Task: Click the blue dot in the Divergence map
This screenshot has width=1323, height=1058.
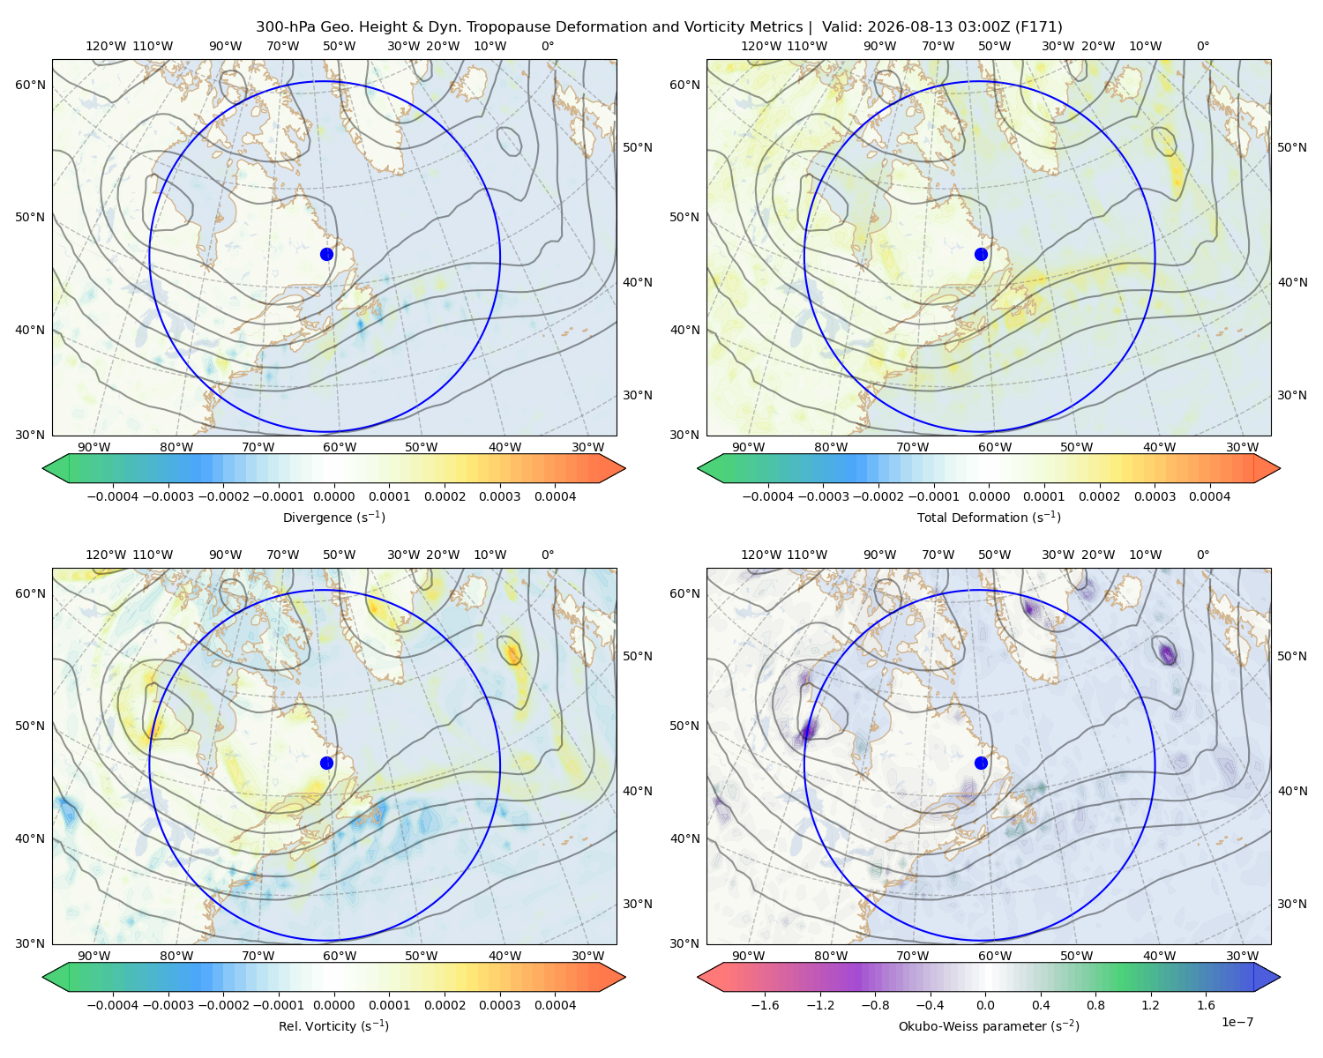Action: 326,254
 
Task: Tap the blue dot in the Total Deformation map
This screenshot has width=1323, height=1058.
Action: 981,254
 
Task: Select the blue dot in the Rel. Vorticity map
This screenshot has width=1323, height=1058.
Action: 326,763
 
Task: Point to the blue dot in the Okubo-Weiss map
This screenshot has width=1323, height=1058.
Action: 981,763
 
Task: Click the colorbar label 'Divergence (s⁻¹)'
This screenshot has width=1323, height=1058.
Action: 333,517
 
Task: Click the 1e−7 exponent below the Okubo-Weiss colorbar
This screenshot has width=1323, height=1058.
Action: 1237,1022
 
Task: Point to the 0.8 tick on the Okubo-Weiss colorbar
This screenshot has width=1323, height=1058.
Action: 1095,1005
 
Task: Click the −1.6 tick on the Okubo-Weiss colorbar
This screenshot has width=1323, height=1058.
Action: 765,1005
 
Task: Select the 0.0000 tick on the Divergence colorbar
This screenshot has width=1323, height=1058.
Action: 333,496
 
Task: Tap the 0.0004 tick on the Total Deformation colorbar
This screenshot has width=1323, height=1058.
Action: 1209,496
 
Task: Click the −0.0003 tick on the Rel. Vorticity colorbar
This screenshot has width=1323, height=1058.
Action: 168,1005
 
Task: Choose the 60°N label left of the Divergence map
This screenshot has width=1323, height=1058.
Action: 30,85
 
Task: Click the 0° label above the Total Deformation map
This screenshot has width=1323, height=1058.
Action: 1202,46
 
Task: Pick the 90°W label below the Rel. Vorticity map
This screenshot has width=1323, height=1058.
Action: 94,956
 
